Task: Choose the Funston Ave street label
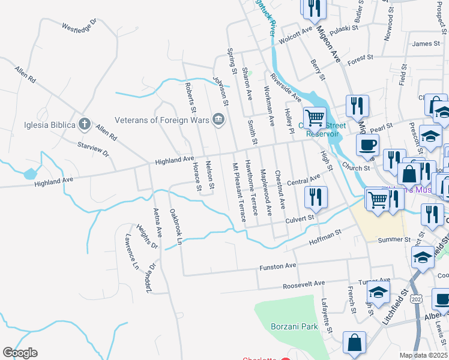click(x=278, y=266)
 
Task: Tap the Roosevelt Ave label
click(x=304, y=283)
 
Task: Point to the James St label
click(x=426, y=43)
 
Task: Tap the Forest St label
click(x=360, y=58)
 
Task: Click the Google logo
click(x=20, y=353)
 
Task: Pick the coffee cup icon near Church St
click(x=367, y=144)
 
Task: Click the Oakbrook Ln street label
click(x=175, y=227)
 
